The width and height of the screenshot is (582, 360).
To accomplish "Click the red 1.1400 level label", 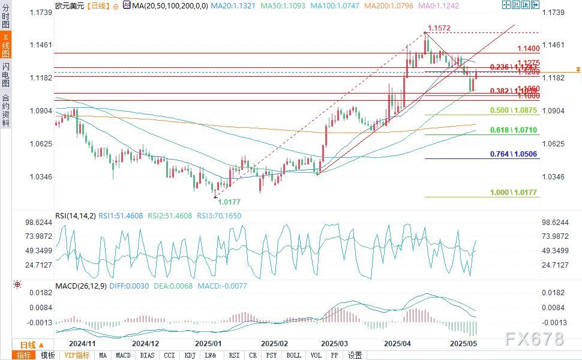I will (x=529, y=49).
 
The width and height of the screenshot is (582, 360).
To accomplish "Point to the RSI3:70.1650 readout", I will (x=220, y=215).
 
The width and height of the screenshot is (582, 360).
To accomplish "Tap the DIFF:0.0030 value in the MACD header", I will (x=128, y=286).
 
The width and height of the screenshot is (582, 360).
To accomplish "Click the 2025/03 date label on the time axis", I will (x=334, y=344).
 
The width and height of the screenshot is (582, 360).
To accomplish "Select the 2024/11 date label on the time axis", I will (x=82, y=344).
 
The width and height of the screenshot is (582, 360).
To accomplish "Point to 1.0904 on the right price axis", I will (x=553, y=111).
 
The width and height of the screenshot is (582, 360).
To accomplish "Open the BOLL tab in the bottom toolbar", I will (x=294, y=355).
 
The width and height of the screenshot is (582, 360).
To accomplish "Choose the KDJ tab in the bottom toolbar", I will (x=190, y=355).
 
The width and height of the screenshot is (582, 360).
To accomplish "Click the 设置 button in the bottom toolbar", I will (x=355, y=355).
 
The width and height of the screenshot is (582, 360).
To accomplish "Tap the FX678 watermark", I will (x=535, y=339).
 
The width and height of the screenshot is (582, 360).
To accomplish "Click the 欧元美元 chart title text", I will (x=67, y=5).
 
